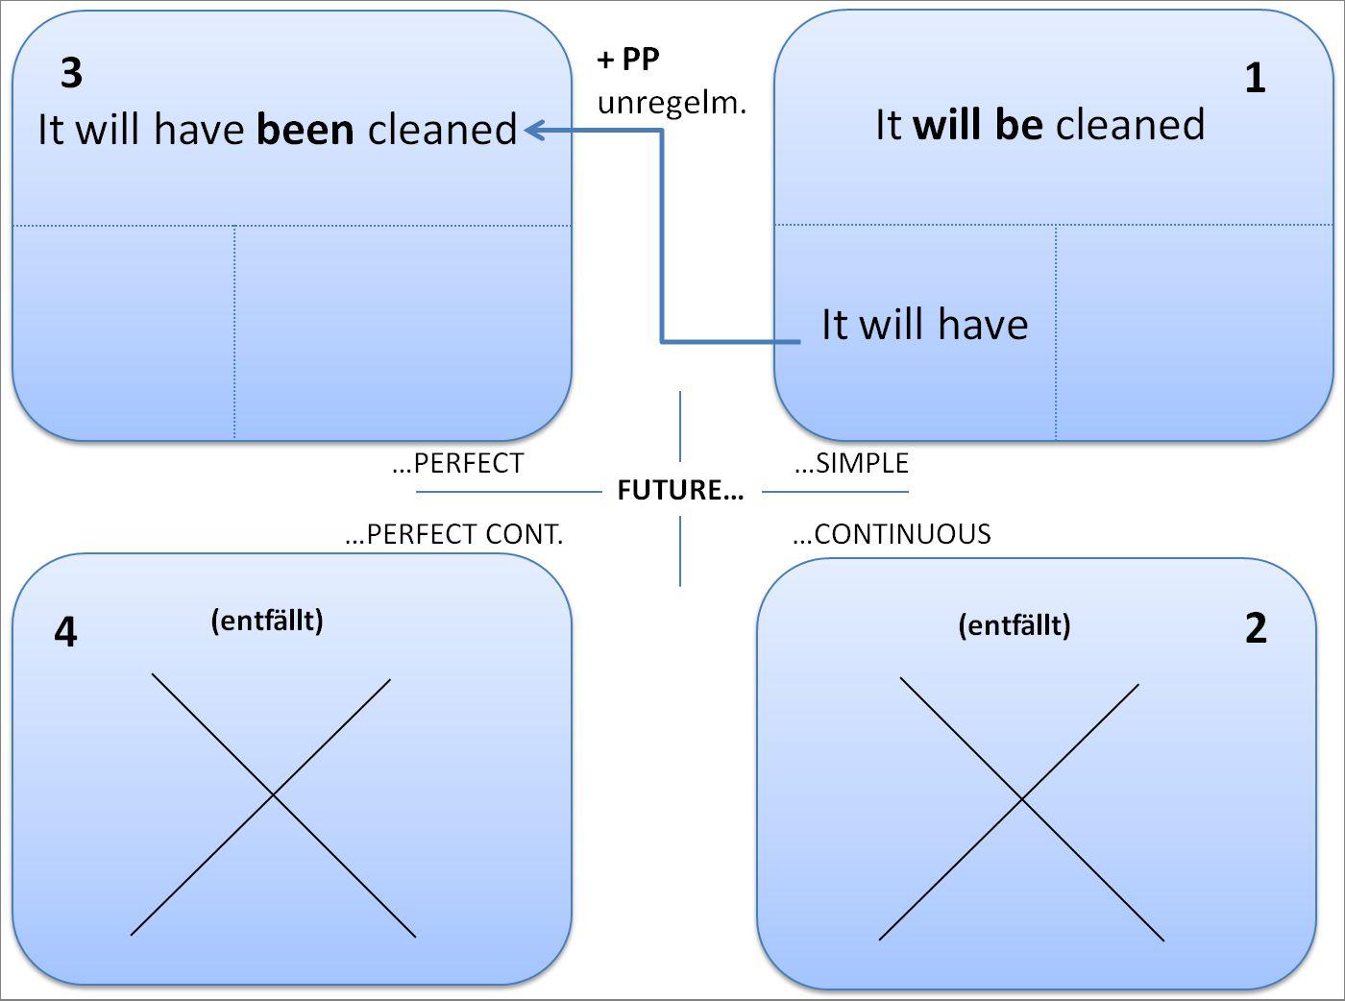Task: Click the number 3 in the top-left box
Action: point(71,73)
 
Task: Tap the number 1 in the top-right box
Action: point(1255,78)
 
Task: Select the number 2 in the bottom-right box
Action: point(1256,628)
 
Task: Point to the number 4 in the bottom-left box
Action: point(65,632)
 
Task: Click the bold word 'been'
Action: point(306,130)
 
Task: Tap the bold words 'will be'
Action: point(978,125)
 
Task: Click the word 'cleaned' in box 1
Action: point(1130,125)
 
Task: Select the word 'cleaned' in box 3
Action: point(443,130)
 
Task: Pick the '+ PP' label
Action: point(628,60)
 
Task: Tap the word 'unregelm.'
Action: point(672,102)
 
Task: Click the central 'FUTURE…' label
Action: point(680,491)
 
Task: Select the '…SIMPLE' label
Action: point(851,464)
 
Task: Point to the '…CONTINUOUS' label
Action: point(892,534)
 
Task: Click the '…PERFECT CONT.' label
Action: point(453,534)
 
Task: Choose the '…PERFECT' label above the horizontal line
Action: point(457,464)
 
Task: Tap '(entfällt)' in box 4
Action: point(267,621)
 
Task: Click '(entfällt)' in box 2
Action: point(1015,625)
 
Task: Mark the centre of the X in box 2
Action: point(1021,800)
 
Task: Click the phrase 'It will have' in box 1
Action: point(924,325)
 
